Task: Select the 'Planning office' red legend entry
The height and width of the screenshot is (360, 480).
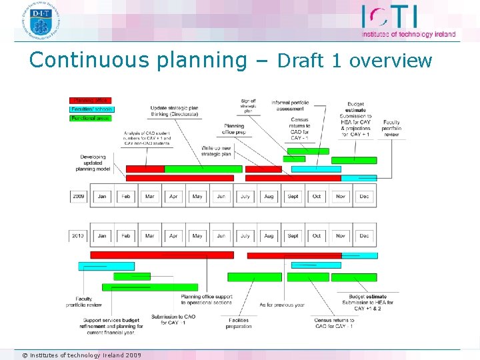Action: [x=91, y=101]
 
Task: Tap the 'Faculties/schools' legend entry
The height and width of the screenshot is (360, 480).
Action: [x=92, y=109]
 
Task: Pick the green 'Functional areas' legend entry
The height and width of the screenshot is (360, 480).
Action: [x=91, y=118]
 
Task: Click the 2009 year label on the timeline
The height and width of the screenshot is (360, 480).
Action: [x=79, y=197]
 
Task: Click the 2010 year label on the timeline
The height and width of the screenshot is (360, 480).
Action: [x=79, y=235]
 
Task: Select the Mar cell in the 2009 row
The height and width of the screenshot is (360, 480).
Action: [x=149, y=197]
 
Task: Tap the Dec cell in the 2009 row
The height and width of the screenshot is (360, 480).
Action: [x=364, y=197]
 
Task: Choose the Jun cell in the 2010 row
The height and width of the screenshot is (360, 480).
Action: [x=221, y=235]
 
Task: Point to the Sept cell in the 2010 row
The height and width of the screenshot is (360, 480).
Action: [x=293, y=235]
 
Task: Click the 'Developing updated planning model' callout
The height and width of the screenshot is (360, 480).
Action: [x=93, y=163]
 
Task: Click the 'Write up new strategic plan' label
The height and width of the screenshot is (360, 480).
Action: [x=216, y=151]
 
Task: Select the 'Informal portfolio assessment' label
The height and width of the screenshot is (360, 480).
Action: [x=290, y=105]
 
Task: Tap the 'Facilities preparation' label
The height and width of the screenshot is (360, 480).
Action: [x=239, y=323]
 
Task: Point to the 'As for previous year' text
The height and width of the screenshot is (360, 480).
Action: [x=281, y=305]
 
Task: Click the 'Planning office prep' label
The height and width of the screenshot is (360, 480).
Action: [x=234, y=129]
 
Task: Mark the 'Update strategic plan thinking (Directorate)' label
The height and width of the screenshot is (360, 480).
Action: [x=174, y=111]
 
